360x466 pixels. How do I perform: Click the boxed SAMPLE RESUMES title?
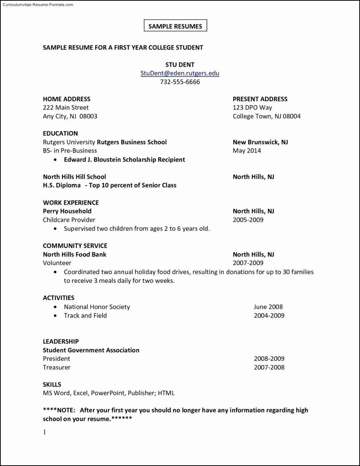click(x=175, y=26)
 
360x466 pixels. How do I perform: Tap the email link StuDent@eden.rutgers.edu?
click(x=180, y=73)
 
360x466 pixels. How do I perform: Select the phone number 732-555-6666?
click(x=180, y=82)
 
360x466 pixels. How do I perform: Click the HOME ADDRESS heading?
click(x=66, y=99)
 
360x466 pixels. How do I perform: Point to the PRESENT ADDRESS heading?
click(x=260, y=99)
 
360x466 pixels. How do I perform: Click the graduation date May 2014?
click(x=247, y=150)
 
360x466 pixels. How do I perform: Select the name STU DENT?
click(x=180, y=65)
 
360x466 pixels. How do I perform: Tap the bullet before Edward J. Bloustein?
click(x=55, y=160)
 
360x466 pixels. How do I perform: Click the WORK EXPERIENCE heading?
click(x=71, y=202)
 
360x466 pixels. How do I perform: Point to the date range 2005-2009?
click(x=248, y=220)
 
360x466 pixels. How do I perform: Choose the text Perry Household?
click(x=67, y=211)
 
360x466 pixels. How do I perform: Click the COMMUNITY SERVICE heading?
click(x=75, y=246)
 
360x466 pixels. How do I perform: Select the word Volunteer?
click(x=57, y=263)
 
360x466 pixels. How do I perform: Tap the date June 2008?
click(x=268, y=307)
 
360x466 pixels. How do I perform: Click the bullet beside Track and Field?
click(x=55, y=316)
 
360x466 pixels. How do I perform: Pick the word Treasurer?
click(x=57, y=367)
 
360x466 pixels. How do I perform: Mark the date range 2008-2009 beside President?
click(x=269, y=358)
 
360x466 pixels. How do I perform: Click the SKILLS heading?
click(x=52, y=384)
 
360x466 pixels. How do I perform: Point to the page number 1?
click(x=45, y=432)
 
